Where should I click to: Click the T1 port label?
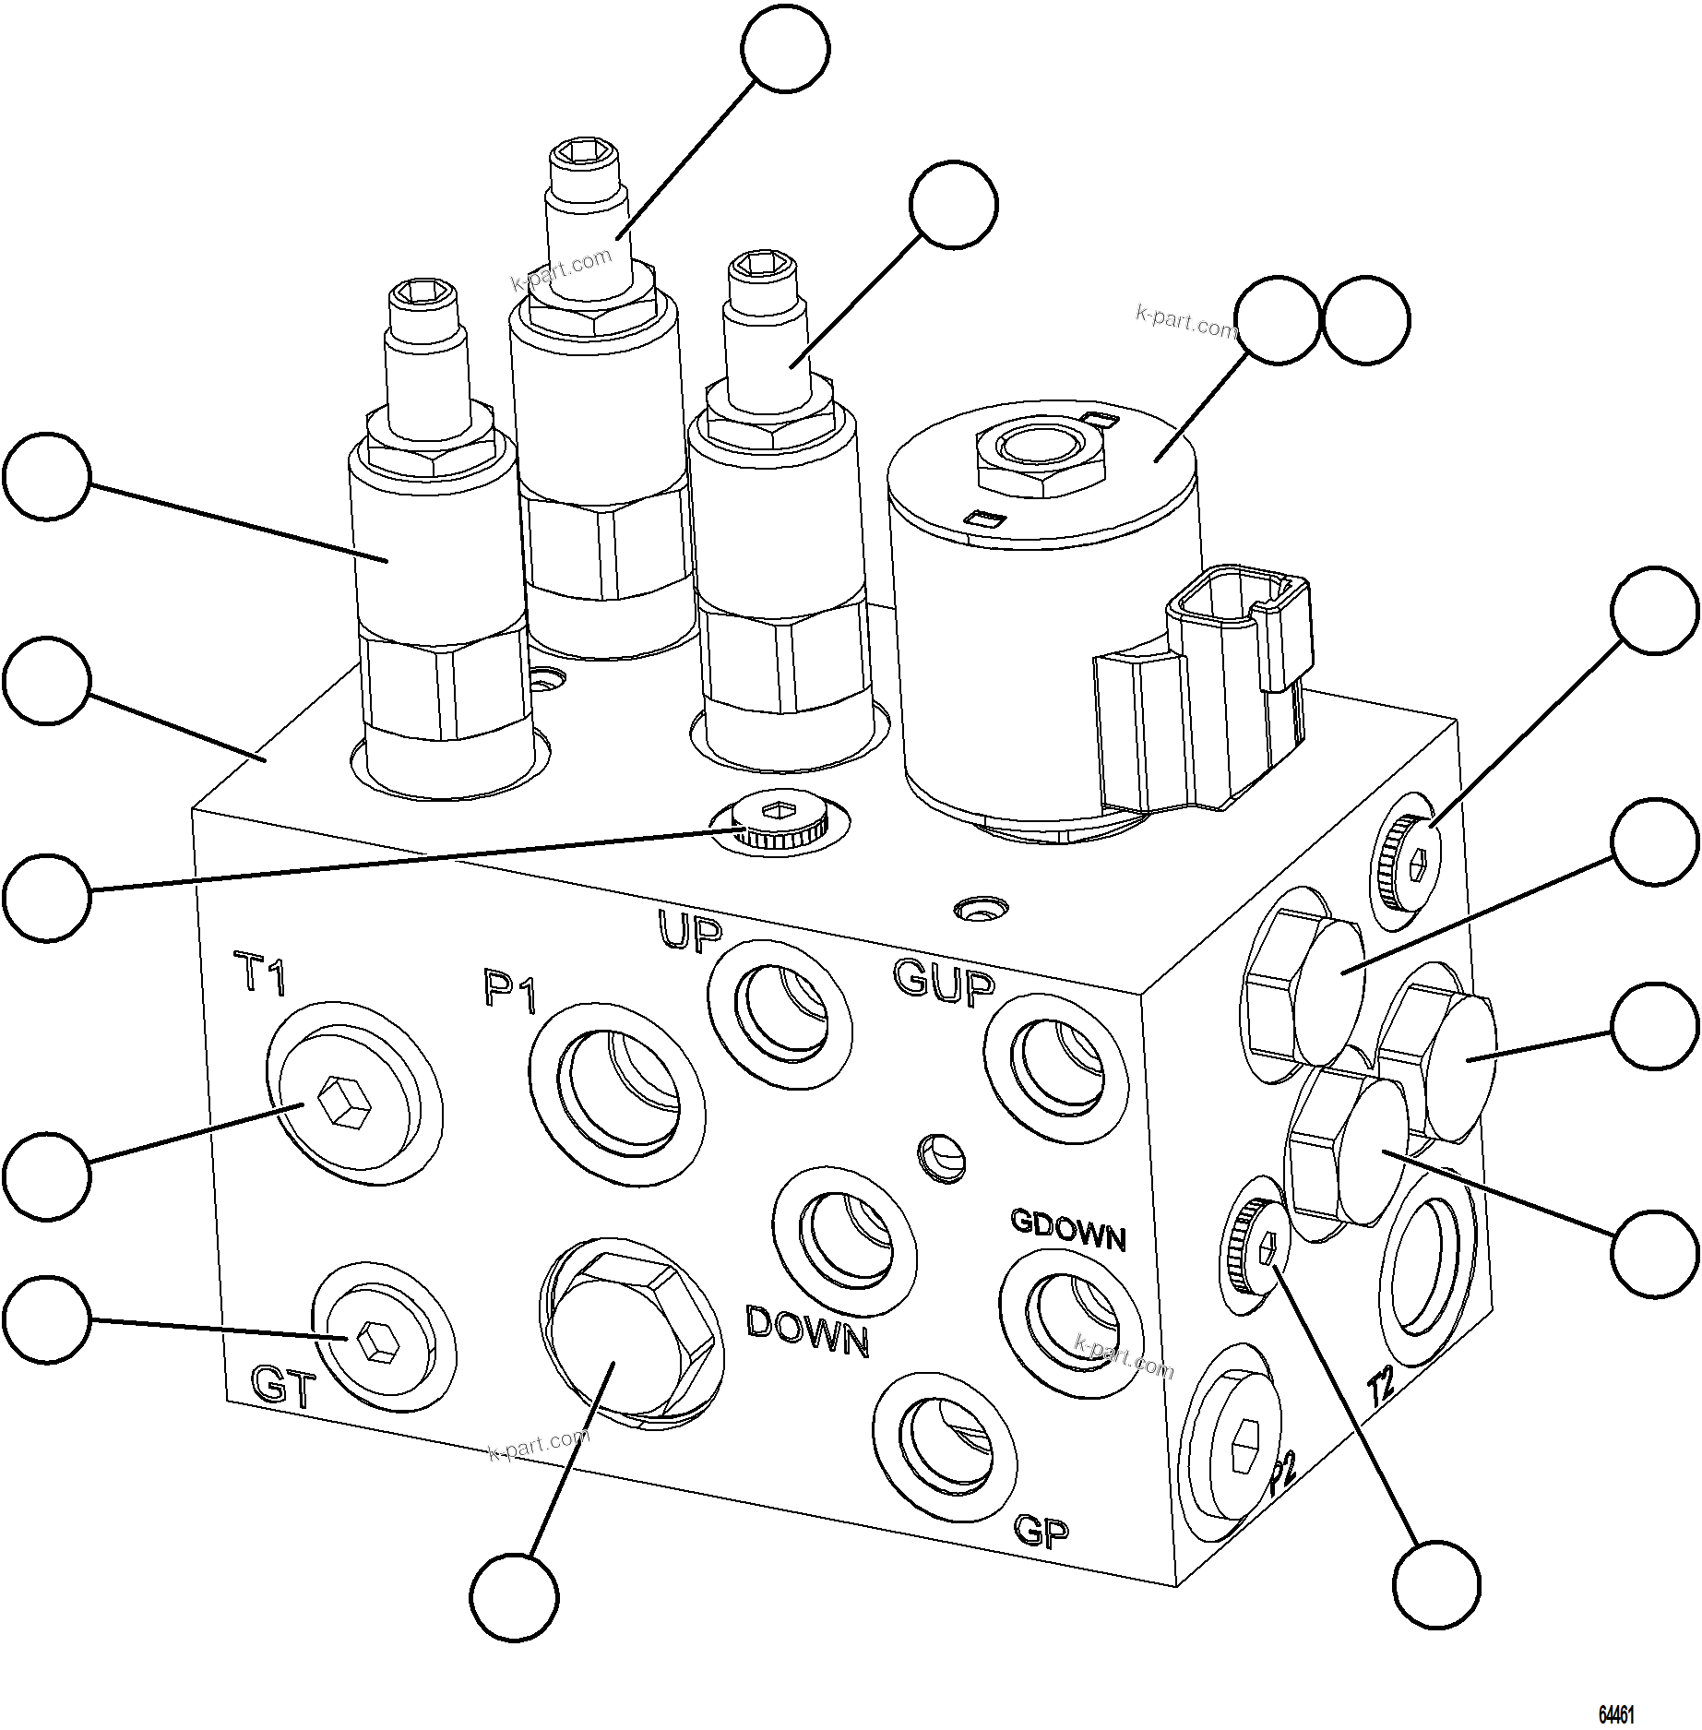click(262, 974)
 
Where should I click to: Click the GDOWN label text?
click(1068, 1230)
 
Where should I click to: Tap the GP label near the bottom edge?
click(1041, 1531)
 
